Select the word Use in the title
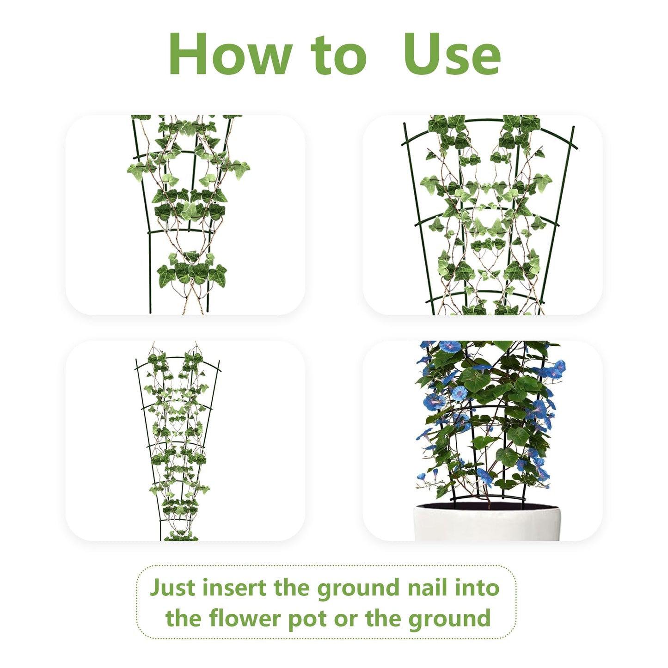click(452, 55)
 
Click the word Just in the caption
click(172, 588)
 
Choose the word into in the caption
click(477, 588)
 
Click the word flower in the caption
click(245, 619)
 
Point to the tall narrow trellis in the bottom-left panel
click(178, 444)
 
